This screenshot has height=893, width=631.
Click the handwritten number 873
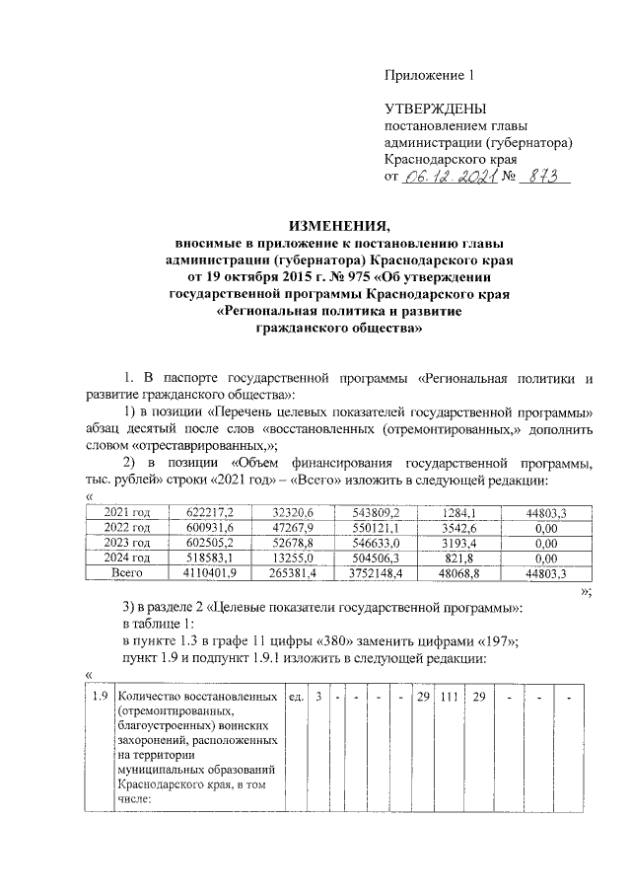pyautogui.click(x=541, y=176)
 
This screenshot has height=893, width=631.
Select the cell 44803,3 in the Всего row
pyautogui.click(x=545, y=571)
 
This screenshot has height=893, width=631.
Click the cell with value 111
pyautogui.click(x=450, y=698)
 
